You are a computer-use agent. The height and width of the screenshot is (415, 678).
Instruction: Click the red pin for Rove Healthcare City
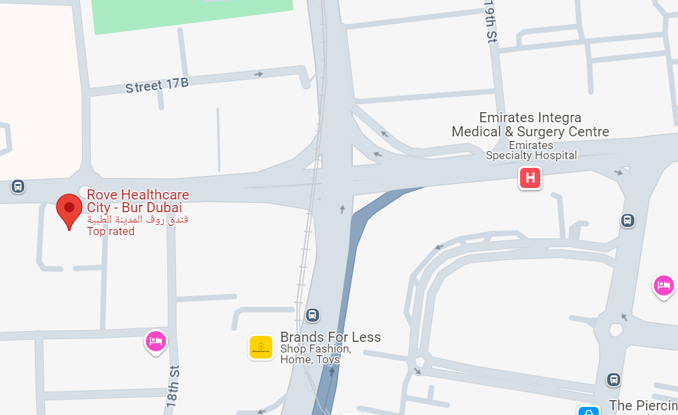tap(69, 210)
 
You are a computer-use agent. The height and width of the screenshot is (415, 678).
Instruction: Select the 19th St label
tap(490, 23)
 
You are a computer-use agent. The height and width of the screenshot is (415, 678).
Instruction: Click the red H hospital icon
tap(529, 178)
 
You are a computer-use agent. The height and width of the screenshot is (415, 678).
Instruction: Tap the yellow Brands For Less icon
tap(261, 347)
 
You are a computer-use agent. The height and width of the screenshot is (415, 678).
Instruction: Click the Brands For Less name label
tap(330, 337)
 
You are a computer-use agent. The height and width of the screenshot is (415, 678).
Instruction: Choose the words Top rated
tap(111, 232)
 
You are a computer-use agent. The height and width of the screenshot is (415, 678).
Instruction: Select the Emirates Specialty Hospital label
tap(531, 150)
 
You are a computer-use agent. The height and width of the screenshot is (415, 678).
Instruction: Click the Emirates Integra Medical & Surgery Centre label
tap(530, 125)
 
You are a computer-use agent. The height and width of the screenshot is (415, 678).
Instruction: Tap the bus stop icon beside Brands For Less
tap(312, 314)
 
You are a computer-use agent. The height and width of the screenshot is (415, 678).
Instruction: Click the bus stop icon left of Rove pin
tap(18, 187)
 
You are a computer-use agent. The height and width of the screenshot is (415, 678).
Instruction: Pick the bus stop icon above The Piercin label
tap(613, 379)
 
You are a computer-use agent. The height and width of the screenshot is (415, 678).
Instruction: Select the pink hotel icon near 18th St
tap(156, 341)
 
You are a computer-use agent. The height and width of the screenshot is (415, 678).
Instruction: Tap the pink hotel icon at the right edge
tap(663, 285)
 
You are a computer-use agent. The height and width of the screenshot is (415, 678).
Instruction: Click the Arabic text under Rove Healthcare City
tap(138, 220)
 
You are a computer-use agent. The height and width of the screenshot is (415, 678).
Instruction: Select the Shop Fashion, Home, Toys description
tap(315, 354)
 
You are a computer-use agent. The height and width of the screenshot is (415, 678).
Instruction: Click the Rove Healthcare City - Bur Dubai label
tap(138, 201)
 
